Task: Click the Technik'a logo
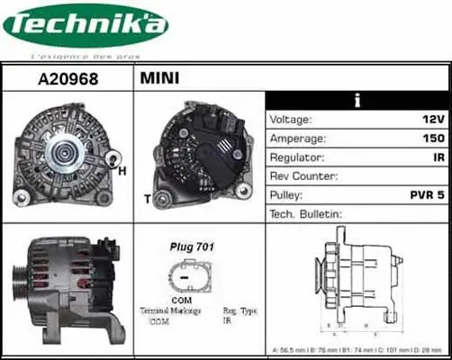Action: coord(86,28)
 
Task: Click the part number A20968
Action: coord(68,78)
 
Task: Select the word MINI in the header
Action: coord(159,78)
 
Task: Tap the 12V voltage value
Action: coord(432,119)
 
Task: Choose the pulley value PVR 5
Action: coord(428,194)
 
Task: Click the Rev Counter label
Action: coord(304,175)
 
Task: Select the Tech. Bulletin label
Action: coord(306,213)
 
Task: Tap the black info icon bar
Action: coord(357,100)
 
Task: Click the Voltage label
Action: coord(291,119)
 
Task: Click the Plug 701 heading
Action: coord(192,246)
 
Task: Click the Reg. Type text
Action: coord(240,310)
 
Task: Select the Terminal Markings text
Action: coord(170,310)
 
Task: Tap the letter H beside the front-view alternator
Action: coord(122,169)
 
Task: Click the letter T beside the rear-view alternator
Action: coord(147,198)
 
